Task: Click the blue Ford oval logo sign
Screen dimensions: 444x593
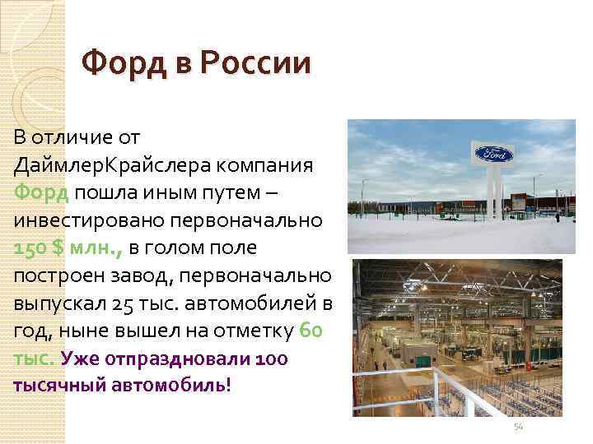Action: (x=493, y=154)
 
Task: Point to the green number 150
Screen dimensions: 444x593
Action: (x=31, y=247)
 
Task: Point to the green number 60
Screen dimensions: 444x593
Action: (x=316, y=331)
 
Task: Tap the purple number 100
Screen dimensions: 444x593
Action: (x=271, y=359)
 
